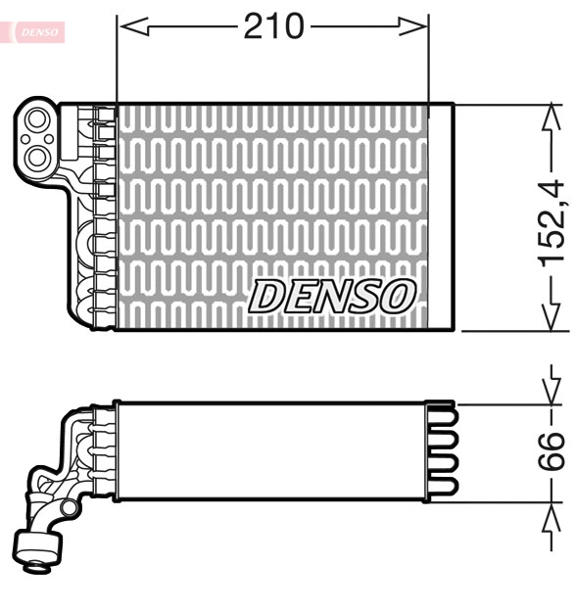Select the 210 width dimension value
[x=273, y=27]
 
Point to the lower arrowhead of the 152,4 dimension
[x=551, y=318]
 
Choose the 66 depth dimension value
[x=552, y=451]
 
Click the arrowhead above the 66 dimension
[x=552, y=385]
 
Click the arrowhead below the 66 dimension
[x=552, y=519]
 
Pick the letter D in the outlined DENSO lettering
[x=268, y=296]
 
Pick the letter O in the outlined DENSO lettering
[x=398, y=296]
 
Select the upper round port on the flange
[x=38, y=122]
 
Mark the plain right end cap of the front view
[x=442, y=216]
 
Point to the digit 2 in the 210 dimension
[x=254, y=27]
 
